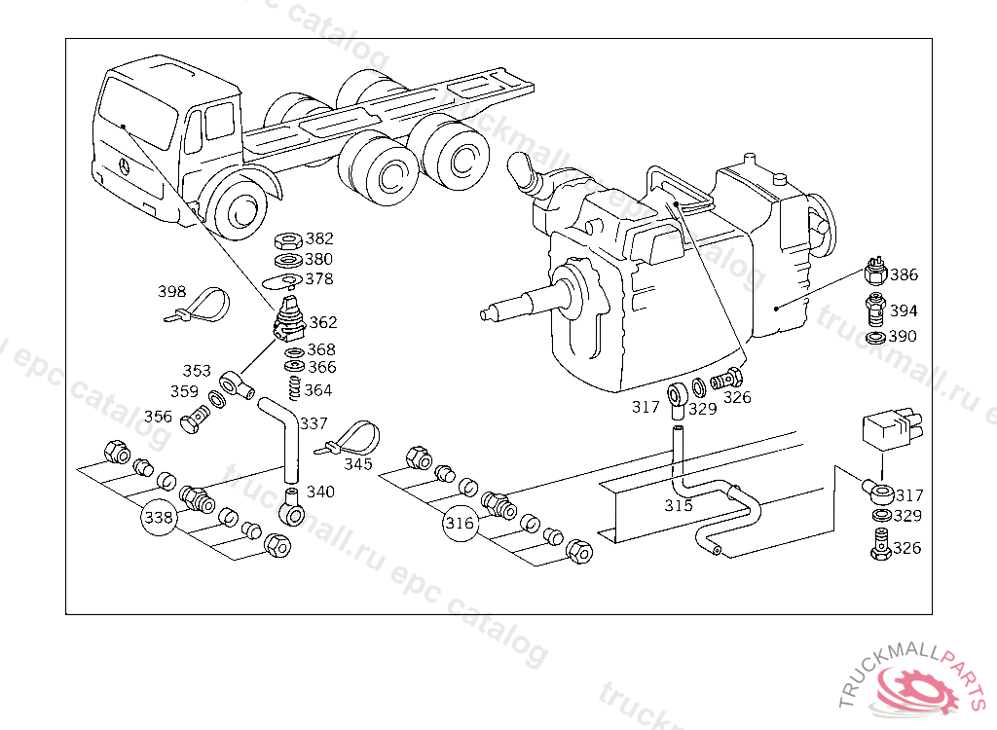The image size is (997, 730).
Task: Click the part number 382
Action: [x=319, y=238]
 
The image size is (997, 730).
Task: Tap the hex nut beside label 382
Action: [x=288, y=240]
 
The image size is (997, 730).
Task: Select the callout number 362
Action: [x=323, y=322]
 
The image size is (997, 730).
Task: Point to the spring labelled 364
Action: [x=294, y=388]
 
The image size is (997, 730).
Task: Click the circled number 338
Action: [x=159, y=517]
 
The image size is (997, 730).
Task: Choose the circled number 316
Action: [x=460, y=524]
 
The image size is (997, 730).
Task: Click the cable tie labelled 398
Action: [x=198, y=306]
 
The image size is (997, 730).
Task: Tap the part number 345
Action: [x=358, y=464]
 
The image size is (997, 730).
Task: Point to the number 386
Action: [x=904, y=274]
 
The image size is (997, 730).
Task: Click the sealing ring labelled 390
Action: [x=875, y=338]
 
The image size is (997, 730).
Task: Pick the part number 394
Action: [x=904, y=310]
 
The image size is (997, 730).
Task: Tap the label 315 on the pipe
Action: [x=679, y=505]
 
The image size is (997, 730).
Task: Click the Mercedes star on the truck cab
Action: [x=125, y=167]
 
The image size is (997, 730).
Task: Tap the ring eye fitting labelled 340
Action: [x=292, y=507]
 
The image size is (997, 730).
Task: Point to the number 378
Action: [x=319, y=278]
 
